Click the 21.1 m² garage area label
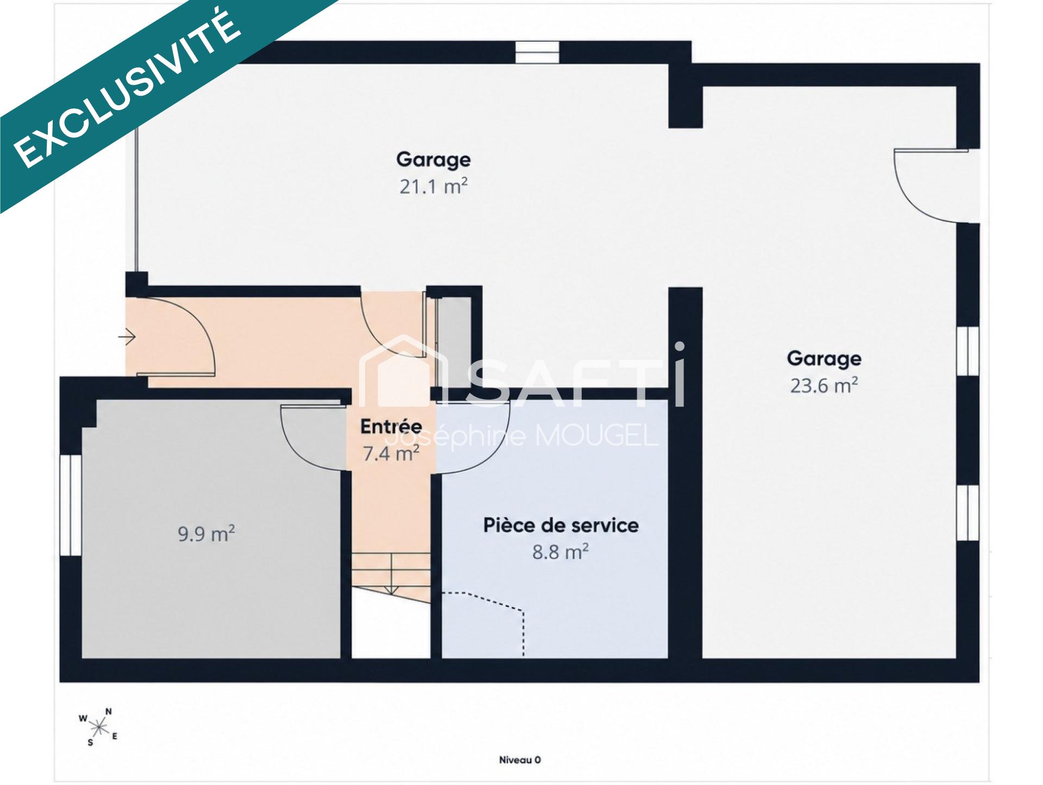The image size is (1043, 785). pos(433,186)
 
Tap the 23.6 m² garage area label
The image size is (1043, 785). pos(824,385)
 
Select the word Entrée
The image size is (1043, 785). pos(391,426)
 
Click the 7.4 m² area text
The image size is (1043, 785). pos(391,453)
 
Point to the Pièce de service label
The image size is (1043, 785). pos(561,525)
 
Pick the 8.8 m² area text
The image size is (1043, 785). pos(561,552)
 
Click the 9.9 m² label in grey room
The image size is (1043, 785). pos(206,534)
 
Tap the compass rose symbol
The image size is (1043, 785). pos(98,726)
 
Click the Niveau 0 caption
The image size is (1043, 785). pos(520,760)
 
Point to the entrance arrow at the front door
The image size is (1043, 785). pos(127,337)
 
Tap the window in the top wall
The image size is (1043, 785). pos(537,53)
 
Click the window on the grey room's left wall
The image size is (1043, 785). pos(71,505)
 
